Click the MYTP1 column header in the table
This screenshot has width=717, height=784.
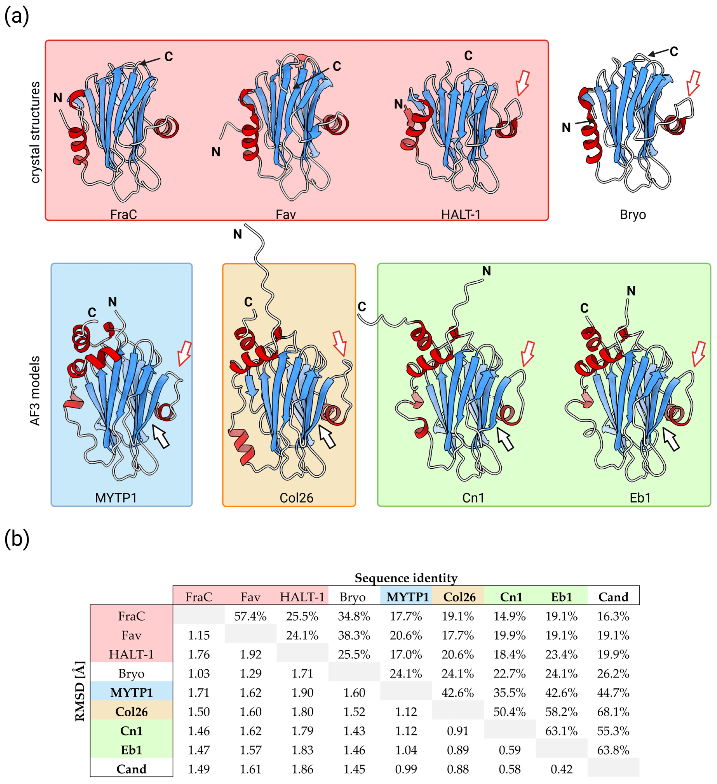(406, 597)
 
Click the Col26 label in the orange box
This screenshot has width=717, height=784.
(296, 498)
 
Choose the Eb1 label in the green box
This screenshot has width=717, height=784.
(640, 498)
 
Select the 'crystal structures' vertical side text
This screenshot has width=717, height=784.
(35, 132)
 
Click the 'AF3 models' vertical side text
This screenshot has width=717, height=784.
(35, 391)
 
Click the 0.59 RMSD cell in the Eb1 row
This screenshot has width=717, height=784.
(509, 750)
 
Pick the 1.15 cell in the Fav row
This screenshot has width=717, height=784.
(199, 635)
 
